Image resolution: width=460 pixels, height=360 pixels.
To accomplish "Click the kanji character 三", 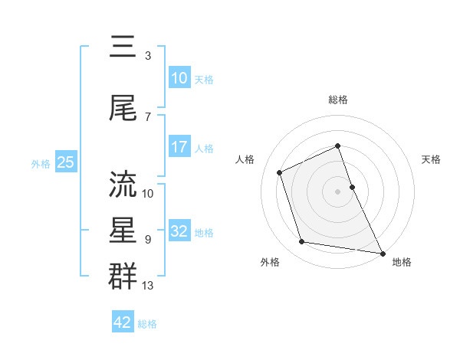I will (123, 48).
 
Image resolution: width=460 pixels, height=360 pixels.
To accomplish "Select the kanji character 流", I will (123, 184).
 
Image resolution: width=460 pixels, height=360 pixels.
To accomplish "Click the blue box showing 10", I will (179, 78).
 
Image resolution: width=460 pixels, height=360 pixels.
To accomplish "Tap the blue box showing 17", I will (179, 148).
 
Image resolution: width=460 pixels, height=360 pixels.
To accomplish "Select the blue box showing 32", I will (179, 232).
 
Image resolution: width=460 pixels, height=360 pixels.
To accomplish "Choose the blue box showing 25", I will (65, 162).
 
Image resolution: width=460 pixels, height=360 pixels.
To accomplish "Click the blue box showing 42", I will (123, 322).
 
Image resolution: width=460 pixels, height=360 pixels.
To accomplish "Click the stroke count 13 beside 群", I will (148, 286).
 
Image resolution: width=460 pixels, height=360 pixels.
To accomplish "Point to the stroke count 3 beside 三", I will (147, 56).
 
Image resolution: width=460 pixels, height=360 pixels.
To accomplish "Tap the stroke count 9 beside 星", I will (147, 239).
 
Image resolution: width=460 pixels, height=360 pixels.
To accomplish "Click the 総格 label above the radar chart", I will (337, 100).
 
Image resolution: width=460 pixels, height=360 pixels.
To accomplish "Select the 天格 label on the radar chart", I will (432, 159).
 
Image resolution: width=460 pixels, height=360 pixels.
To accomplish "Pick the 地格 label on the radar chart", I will (402, 262).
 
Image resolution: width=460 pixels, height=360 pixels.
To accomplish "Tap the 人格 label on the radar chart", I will (245, 159).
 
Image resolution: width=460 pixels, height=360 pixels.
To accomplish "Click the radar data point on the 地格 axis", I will (382, 252).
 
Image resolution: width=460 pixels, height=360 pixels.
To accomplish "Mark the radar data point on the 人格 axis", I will (281, 172).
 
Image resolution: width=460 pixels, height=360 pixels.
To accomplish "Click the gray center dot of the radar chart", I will (337, 191).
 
